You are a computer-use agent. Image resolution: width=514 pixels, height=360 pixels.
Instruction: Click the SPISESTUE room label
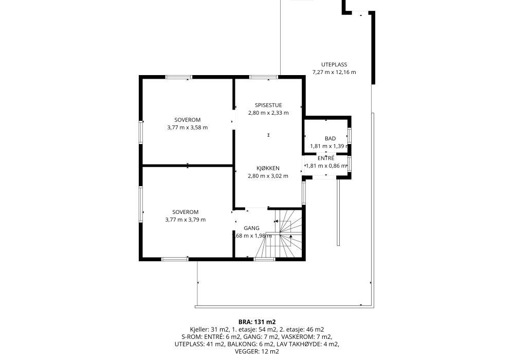268,105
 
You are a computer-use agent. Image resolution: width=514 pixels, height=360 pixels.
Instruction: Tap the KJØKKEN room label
268,168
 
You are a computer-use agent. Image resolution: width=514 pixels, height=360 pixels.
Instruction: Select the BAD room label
330,139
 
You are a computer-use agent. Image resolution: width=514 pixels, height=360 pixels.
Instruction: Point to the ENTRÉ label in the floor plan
326,158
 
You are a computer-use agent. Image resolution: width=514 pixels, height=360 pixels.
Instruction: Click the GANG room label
251,228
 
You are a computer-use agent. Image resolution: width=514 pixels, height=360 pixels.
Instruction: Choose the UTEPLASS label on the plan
334,65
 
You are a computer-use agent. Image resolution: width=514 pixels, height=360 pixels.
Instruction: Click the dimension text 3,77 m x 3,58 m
188,128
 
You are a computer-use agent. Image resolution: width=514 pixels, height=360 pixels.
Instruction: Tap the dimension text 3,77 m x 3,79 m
186,220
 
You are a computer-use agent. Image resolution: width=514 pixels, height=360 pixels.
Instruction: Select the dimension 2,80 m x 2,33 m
268,113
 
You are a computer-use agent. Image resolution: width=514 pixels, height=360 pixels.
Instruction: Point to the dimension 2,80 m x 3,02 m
268,176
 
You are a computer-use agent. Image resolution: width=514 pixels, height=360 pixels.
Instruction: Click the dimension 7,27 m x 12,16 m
334,72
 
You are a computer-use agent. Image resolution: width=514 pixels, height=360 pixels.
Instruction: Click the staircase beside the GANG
284,233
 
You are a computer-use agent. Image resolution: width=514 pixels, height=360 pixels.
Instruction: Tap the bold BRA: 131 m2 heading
257,322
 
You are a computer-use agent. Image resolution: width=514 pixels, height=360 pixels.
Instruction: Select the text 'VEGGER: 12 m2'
257,351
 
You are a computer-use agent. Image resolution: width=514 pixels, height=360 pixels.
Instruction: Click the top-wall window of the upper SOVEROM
179,77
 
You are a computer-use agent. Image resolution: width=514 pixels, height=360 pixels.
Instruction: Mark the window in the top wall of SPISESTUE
264,77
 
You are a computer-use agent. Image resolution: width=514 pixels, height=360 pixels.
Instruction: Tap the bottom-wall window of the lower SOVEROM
175,259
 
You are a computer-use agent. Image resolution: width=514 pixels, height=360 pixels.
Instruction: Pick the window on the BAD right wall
350,135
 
